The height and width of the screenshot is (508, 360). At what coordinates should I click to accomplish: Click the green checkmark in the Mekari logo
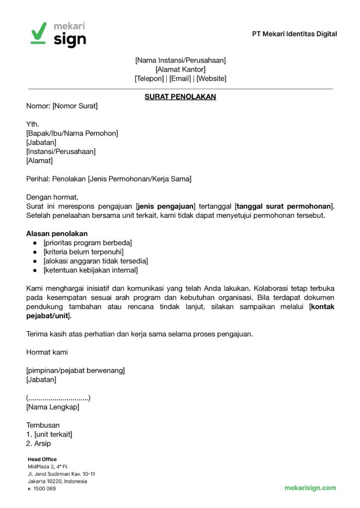pos(38,32)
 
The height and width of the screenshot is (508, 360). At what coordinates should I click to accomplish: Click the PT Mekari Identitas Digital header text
pos(294,34)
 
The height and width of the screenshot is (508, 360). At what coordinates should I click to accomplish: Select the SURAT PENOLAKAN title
pos(180,97)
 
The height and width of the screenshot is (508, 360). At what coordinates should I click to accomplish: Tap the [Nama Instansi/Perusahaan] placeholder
pos(180,60)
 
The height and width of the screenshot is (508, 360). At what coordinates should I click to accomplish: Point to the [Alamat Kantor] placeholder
pos(180,69)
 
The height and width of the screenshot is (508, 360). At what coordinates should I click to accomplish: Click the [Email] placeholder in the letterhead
pos(180,78)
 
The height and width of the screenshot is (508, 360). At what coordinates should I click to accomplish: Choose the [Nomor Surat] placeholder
pos(75,106)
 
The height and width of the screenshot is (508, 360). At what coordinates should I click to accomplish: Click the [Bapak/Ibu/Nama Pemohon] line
pos(72,133)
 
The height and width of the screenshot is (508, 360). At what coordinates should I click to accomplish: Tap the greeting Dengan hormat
pos(52,197)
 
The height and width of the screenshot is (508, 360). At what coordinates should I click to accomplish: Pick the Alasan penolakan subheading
pos(57,233)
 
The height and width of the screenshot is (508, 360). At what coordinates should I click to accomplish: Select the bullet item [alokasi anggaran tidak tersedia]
pos(96,261)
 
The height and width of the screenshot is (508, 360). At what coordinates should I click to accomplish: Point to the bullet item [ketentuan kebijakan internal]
pos(90,270)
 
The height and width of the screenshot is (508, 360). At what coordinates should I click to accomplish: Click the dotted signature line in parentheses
pos(58,398)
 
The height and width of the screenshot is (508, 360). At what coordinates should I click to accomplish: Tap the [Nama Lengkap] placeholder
pos(53,407)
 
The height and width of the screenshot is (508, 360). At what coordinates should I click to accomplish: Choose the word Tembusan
pos(43,425)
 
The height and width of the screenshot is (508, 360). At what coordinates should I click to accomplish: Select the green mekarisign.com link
pos(310,488)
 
